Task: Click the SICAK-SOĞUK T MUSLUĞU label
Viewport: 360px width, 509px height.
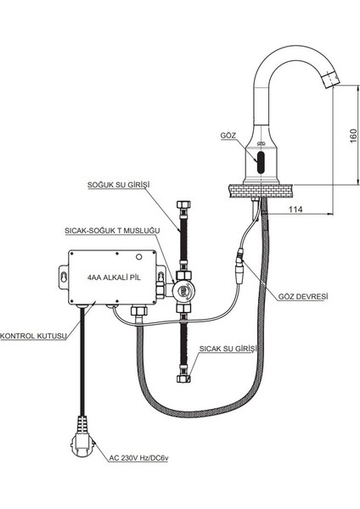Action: [x=113, y=229]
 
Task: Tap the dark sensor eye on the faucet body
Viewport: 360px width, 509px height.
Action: [x=262, y=159]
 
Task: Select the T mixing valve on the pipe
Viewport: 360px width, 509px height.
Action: [x=181, y=288]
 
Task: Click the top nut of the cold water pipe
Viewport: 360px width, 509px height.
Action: [x=180, y=206]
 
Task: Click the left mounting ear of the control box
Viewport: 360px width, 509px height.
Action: [x=64, y=275]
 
